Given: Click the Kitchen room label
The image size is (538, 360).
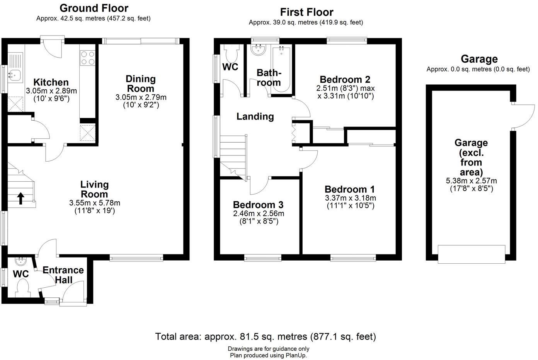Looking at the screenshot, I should [x=51, y=82].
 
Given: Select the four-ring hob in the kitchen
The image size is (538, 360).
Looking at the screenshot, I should [x=87, y=58].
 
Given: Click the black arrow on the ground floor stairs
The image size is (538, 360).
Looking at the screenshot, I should [x=20, y=198].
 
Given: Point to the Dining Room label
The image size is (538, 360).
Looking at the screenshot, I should [x=141, y=84].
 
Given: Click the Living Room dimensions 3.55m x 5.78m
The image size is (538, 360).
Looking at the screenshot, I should [x=95, y=203].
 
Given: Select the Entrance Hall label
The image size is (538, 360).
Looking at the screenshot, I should [x=63, y=275].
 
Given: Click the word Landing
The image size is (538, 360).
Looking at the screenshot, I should [x=255, y=116].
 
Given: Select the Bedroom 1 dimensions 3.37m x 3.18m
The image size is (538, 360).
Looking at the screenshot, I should [x=350, y=198].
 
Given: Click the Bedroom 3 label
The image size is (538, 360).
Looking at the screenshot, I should [x=258, y=205].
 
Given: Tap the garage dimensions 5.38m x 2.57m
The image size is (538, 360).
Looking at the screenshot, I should [x=471, y=181].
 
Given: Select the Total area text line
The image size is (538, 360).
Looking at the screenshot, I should [x=266, y=336].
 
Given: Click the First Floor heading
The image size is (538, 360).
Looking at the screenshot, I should [x=306, y=12].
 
